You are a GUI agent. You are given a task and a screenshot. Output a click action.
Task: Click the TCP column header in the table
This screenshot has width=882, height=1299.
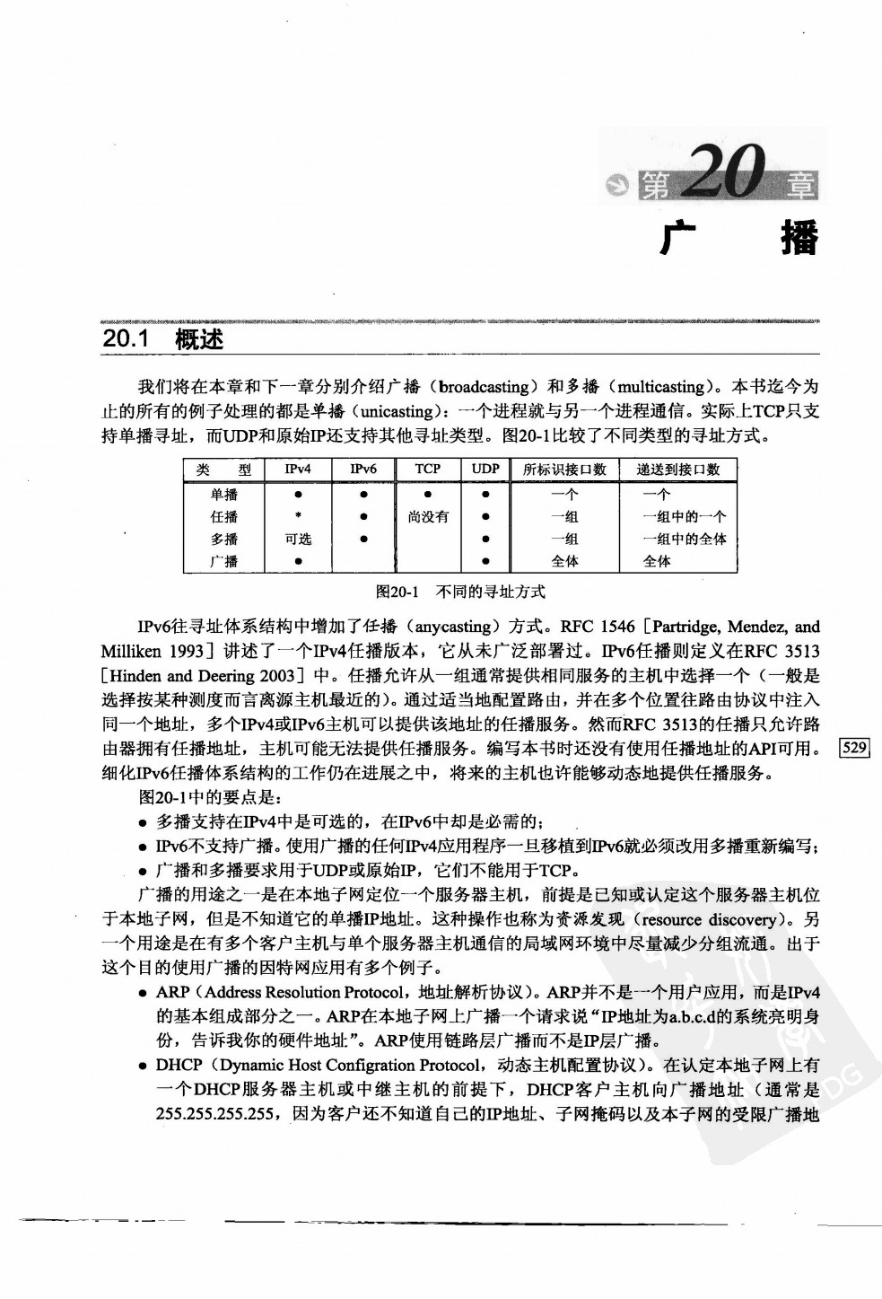(428, 469)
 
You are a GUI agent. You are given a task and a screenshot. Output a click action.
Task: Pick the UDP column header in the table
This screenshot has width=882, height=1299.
(485, 469)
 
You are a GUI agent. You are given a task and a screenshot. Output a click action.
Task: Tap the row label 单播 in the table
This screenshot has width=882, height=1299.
(224, 494)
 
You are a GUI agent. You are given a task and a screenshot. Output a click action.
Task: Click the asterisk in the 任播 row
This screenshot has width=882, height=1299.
(297, 516)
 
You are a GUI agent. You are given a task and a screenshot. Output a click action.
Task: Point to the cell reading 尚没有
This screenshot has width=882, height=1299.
(428, 516)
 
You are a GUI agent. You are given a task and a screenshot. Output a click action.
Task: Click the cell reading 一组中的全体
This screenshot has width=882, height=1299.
(684, 539)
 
